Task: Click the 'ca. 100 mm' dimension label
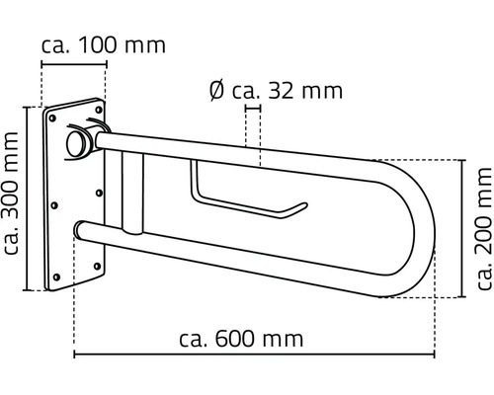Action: point(103,45)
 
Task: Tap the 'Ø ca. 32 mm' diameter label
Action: point(276,92)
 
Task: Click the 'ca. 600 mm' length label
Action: point(241,312)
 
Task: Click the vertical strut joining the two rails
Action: point(134,197)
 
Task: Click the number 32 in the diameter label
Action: point(290,92)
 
